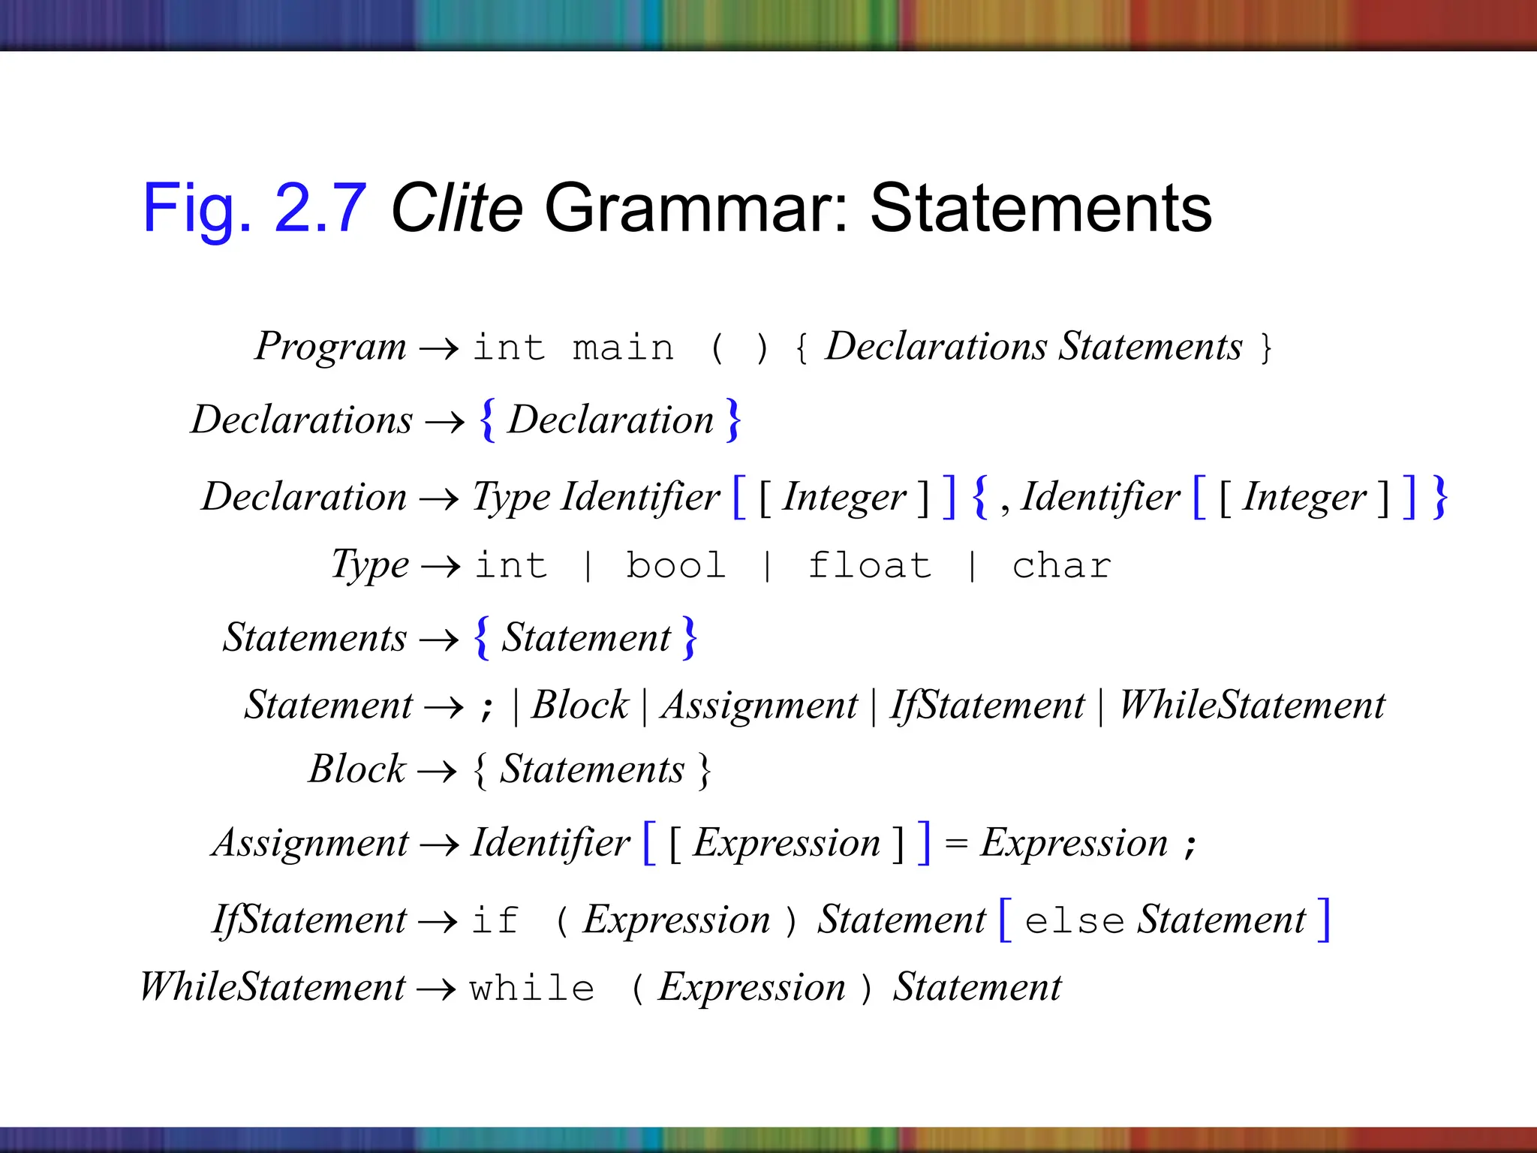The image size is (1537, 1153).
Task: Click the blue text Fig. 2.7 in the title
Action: [x=254, y=209]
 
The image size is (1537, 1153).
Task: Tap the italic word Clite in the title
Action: [x=456, y=209]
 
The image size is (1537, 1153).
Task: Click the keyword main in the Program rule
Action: [x=623, y=348]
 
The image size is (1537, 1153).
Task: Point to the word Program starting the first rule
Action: [x=330, y=347]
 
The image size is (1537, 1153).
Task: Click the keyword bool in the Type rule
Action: [x=675, y=565]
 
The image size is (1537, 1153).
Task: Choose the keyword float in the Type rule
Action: [x=870, y=565]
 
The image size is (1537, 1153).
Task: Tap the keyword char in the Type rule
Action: [x=1061, y=565]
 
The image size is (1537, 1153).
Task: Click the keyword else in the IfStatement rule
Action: [x=1074, y=920]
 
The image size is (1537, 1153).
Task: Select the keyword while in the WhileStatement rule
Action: [x=532, y=988]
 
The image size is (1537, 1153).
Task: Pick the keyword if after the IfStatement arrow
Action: [x=495, y=920]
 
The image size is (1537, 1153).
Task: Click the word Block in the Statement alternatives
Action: [x=579, y=705]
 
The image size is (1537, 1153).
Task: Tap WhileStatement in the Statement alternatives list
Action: [x=1252, y=705]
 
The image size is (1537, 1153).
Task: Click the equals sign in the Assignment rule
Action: [x=955, y=844]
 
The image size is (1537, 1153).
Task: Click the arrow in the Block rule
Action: [x=437, y=771]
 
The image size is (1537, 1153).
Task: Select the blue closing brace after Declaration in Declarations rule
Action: [x=733, y=420]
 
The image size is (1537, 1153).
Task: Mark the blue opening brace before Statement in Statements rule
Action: [x=482, y=638]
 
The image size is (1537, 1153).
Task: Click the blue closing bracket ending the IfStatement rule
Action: [x=1324, y=920]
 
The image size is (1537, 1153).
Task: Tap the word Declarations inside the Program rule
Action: [x=936, y=347]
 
